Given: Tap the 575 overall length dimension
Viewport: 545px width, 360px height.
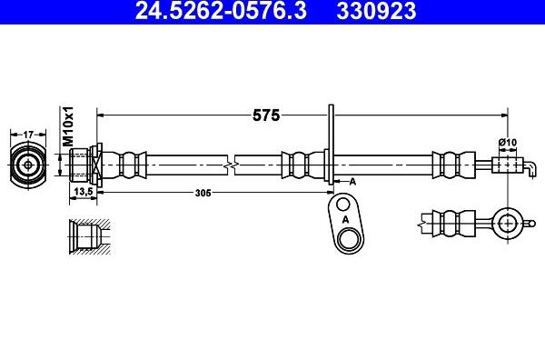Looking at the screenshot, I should click(266, 115).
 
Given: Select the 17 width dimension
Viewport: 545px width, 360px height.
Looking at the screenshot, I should click(28, 134).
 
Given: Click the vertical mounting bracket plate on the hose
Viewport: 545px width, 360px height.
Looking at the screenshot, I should click(331, 150).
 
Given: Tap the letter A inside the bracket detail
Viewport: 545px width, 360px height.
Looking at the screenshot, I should click(345, 219).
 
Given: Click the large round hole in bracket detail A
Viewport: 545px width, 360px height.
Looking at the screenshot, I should click(347, 240).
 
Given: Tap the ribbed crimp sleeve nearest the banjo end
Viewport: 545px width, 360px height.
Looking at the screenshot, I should click(449, 165).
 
